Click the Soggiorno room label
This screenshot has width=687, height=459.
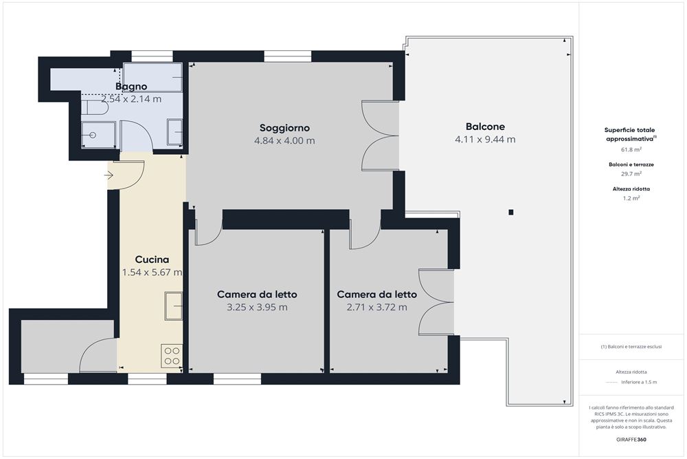(284, 127)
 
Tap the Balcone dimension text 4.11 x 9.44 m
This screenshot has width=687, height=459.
(485, 140)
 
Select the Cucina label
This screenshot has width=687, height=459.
(152, 259)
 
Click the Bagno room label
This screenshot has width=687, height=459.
(131, 87)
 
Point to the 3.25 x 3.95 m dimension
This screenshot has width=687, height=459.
(257, 307)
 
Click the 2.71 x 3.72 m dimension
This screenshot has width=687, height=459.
(376, 307)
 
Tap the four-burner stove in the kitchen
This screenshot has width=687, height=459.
(172, 356)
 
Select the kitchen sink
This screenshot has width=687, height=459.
(173, 306)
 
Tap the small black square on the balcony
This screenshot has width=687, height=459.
(511, 212)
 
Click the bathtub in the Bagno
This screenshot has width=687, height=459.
(153, 77)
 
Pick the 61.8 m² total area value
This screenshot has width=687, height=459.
(631, 149)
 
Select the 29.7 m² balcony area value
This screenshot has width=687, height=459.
(631, 173)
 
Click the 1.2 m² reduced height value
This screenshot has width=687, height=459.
(631, 198)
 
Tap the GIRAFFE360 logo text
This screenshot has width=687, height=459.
(631, 439)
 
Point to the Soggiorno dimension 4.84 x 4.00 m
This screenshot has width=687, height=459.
(284, 140)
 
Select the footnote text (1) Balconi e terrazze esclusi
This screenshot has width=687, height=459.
(631, 347)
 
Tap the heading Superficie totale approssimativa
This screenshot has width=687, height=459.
(630, 134)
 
